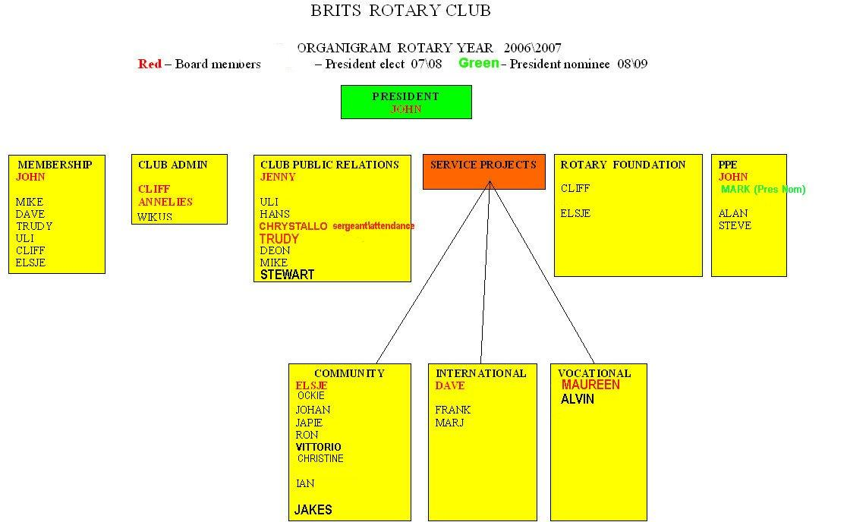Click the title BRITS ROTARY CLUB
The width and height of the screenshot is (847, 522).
click(400, 11)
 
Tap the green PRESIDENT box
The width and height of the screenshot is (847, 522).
click(406, 102)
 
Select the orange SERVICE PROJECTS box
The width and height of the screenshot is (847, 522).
click(484, 171)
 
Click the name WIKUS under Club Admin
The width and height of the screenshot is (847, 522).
click(155, 217)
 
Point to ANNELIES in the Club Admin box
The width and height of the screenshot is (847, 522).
click(165, 202)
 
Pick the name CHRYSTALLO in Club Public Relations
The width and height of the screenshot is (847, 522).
click(293, 226)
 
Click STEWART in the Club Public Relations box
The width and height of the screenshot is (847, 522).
click(287, 275)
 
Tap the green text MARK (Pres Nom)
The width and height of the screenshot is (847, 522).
click(764, 190)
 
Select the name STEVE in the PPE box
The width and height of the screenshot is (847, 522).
click(735, 225)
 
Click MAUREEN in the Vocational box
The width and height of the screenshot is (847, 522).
click(590, 385)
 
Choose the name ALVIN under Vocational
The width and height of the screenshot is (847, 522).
click(578, 399)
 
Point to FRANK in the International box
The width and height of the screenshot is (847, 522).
click(452, 410)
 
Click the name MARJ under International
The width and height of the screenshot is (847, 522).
click(449, 423)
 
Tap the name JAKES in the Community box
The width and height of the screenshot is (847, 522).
click(313, 510)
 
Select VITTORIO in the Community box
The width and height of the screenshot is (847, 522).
click(319, 447)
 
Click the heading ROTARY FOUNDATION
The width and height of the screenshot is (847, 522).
click(623, 165)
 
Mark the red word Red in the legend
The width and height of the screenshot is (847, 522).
click(150, 64)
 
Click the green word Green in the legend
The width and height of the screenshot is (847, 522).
click(479, 63)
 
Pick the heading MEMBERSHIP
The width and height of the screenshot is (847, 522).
click(55, 165)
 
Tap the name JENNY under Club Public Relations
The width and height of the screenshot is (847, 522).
click(278, 177)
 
